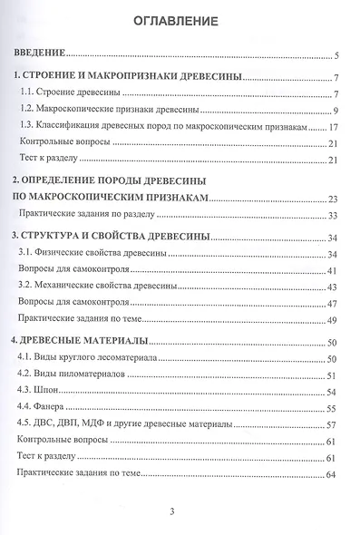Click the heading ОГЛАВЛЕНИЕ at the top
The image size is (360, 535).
180,20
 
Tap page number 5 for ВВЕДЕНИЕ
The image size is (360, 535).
336,56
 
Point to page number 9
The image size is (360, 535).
336,112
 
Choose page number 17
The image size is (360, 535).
334,128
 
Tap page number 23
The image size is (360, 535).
334,199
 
